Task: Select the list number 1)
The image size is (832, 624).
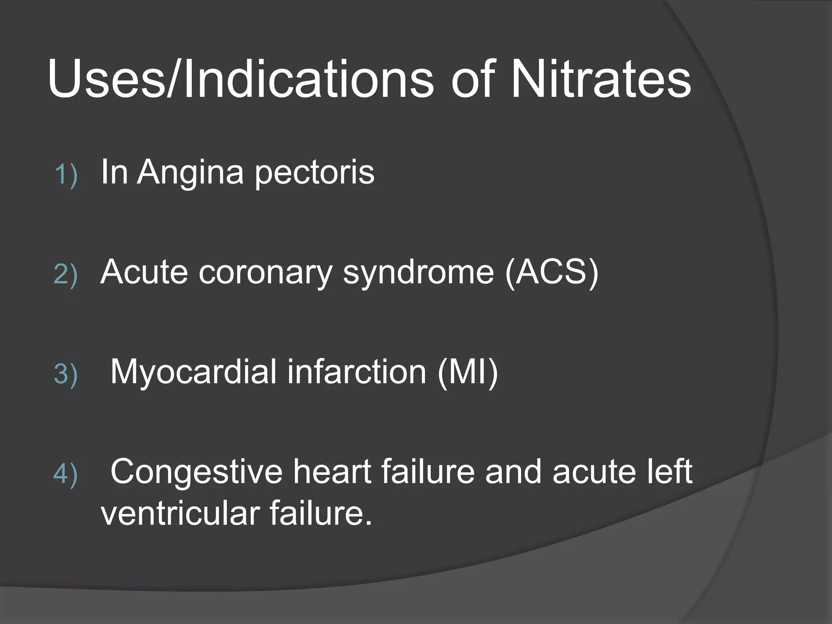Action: (66, 175)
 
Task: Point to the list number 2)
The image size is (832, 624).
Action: (65, 275)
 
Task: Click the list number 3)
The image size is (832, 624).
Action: (65, 374)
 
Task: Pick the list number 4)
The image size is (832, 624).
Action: (65, 474)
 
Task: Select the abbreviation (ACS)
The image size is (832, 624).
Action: (552, 272)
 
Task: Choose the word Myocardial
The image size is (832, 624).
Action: (193, 372)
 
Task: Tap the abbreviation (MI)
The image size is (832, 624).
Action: (468, 372)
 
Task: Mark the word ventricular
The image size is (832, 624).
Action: (180, 513)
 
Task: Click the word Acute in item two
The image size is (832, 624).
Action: (144, 272)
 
